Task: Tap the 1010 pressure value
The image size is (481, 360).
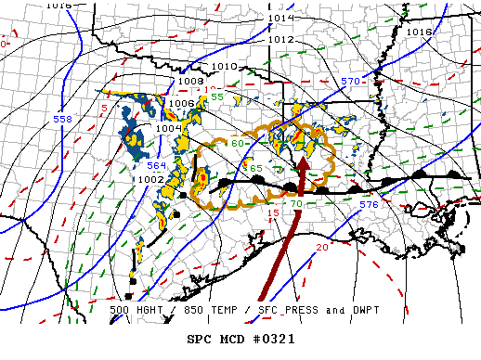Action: (224, 67)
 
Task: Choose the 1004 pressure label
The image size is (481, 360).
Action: (169, 128)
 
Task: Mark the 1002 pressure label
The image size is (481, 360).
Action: (150, 179)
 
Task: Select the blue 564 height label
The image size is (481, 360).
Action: (156, 165)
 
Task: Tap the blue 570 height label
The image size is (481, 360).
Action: (349, 82)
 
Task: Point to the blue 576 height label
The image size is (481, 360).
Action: (369, 203)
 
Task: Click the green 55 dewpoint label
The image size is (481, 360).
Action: (217, 96)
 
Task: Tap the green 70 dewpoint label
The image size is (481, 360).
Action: (296, 203)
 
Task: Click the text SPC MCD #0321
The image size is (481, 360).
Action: (240, 339)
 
